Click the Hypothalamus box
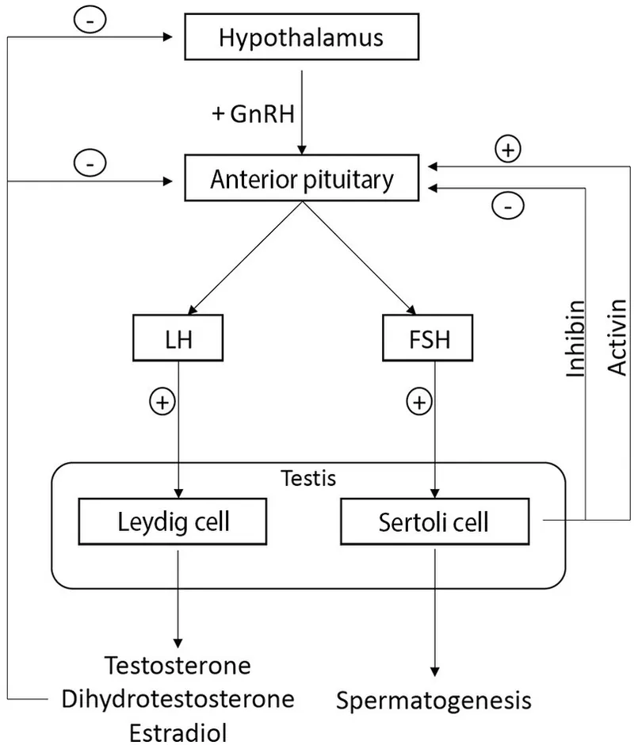[301, 36]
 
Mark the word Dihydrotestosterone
[178, 698]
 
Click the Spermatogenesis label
[433, 701]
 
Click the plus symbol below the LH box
[162, 403]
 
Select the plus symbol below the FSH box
[419, 403]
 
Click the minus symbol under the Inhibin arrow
[507, 208]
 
